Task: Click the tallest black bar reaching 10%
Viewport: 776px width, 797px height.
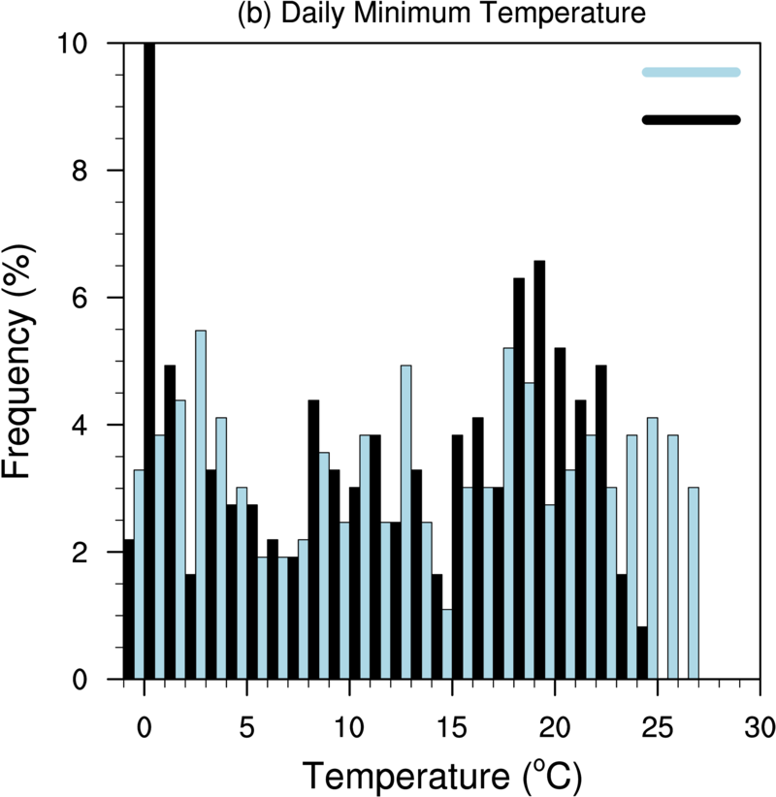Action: coord(149,359)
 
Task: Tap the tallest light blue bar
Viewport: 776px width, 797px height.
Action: coord(201,504)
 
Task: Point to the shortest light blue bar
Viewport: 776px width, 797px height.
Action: coord(447,644)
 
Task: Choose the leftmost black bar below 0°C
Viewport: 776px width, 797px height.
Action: coord(128,609)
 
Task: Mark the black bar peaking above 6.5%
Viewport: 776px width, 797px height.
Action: coord(539,469)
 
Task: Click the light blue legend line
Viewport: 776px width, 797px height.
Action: coord(691,72)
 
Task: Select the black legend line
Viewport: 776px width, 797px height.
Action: coord(691,120)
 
